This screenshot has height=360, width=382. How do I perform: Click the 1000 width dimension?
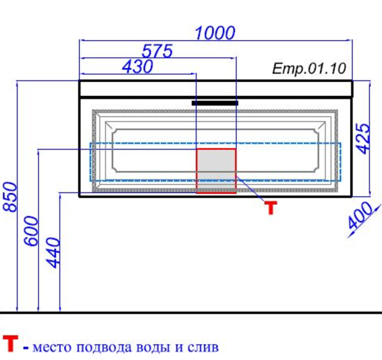pos(215,33)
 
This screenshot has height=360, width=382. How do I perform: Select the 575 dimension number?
pos(157,51)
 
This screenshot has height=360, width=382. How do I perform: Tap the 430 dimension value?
pos(138,66)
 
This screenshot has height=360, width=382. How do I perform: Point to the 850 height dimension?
pos(10,197)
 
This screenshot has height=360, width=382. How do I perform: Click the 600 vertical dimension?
pos(31,231)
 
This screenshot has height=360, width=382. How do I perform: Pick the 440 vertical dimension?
pos(53,252)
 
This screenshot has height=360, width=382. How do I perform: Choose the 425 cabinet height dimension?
pos(363,139)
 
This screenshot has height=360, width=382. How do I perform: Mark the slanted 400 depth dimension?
pos(360,215)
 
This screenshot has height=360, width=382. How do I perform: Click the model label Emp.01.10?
pos(309,69)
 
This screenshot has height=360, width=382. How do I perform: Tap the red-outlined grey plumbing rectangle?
pos(216,171)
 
